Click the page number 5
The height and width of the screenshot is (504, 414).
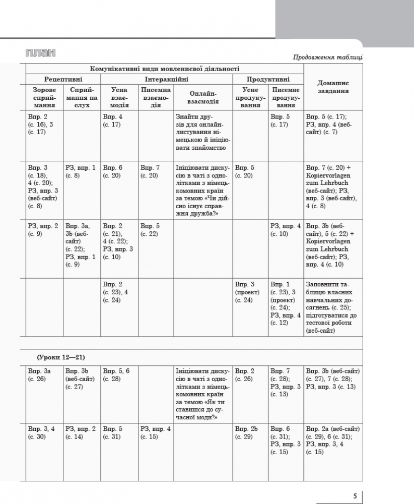point(355,495)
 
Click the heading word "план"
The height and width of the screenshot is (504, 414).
point(40,53)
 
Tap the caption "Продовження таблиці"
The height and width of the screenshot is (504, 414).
point(328,57)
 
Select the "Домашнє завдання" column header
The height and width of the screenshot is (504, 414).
point(332,87)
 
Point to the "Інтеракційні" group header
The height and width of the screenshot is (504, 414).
point(167,79)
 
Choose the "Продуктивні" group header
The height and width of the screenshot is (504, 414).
point(268,79)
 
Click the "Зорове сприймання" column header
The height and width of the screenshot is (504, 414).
point(44,97)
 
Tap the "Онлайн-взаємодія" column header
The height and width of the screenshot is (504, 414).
point(203,97)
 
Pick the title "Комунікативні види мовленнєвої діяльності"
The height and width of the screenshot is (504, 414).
point(164,69)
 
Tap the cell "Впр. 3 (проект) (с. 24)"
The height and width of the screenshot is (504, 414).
point(248,292)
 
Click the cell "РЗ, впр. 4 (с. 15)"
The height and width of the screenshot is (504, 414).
point(156,432)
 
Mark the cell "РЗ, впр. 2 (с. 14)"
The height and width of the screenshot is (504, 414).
point(81,432)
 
